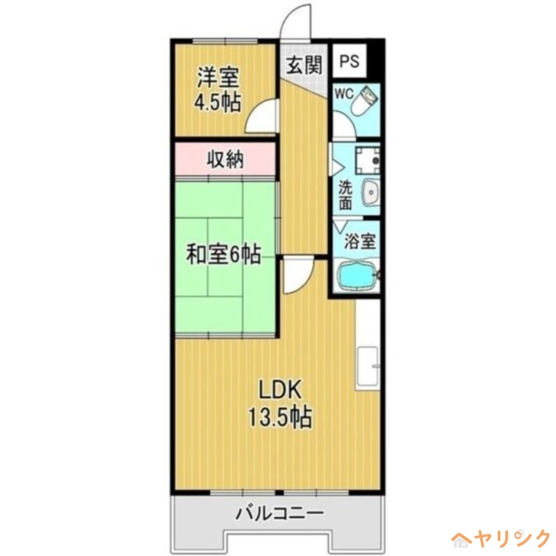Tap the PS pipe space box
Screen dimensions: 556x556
pos(350,61)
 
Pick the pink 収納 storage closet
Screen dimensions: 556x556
pos(225,160)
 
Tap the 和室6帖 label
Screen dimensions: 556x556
pos(222,255)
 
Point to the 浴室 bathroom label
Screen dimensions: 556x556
pos(360,242)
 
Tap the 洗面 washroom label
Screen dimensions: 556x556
pos(345,195)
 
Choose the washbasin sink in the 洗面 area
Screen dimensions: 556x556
pos(370,191)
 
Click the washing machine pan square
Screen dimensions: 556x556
pos(366,161)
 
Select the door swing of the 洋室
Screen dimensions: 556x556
pos(265,115)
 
